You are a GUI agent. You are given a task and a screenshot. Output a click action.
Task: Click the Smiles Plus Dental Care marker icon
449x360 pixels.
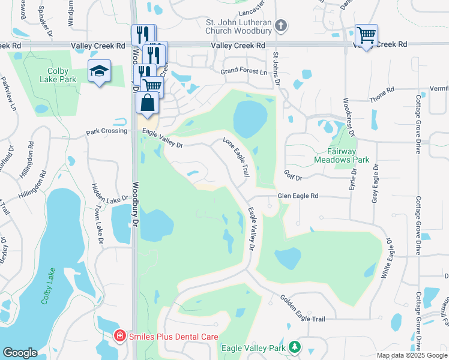120,337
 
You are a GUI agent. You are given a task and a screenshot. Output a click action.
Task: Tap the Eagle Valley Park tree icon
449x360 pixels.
294,347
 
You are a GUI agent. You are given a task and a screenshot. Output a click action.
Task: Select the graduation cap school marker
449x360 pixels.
99,71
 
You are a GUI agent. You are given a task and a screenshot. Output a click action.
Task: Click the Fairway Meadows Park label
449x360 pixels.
341,156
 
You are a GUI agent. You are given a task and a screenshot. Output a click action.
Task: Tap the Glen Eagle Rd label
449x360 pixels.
297,196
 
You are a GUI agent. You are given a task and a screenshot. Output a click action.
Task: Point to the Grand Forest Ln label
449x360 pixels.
243,71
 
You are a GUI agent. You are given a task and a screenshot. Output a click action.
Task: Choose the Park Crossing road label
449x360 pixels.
106,131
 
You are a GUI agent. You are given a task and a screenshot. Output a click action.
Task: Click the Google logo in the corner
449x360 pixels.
19,353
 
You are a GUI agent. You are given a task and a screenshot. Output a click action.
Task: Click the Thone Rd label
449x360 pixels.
382,94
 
